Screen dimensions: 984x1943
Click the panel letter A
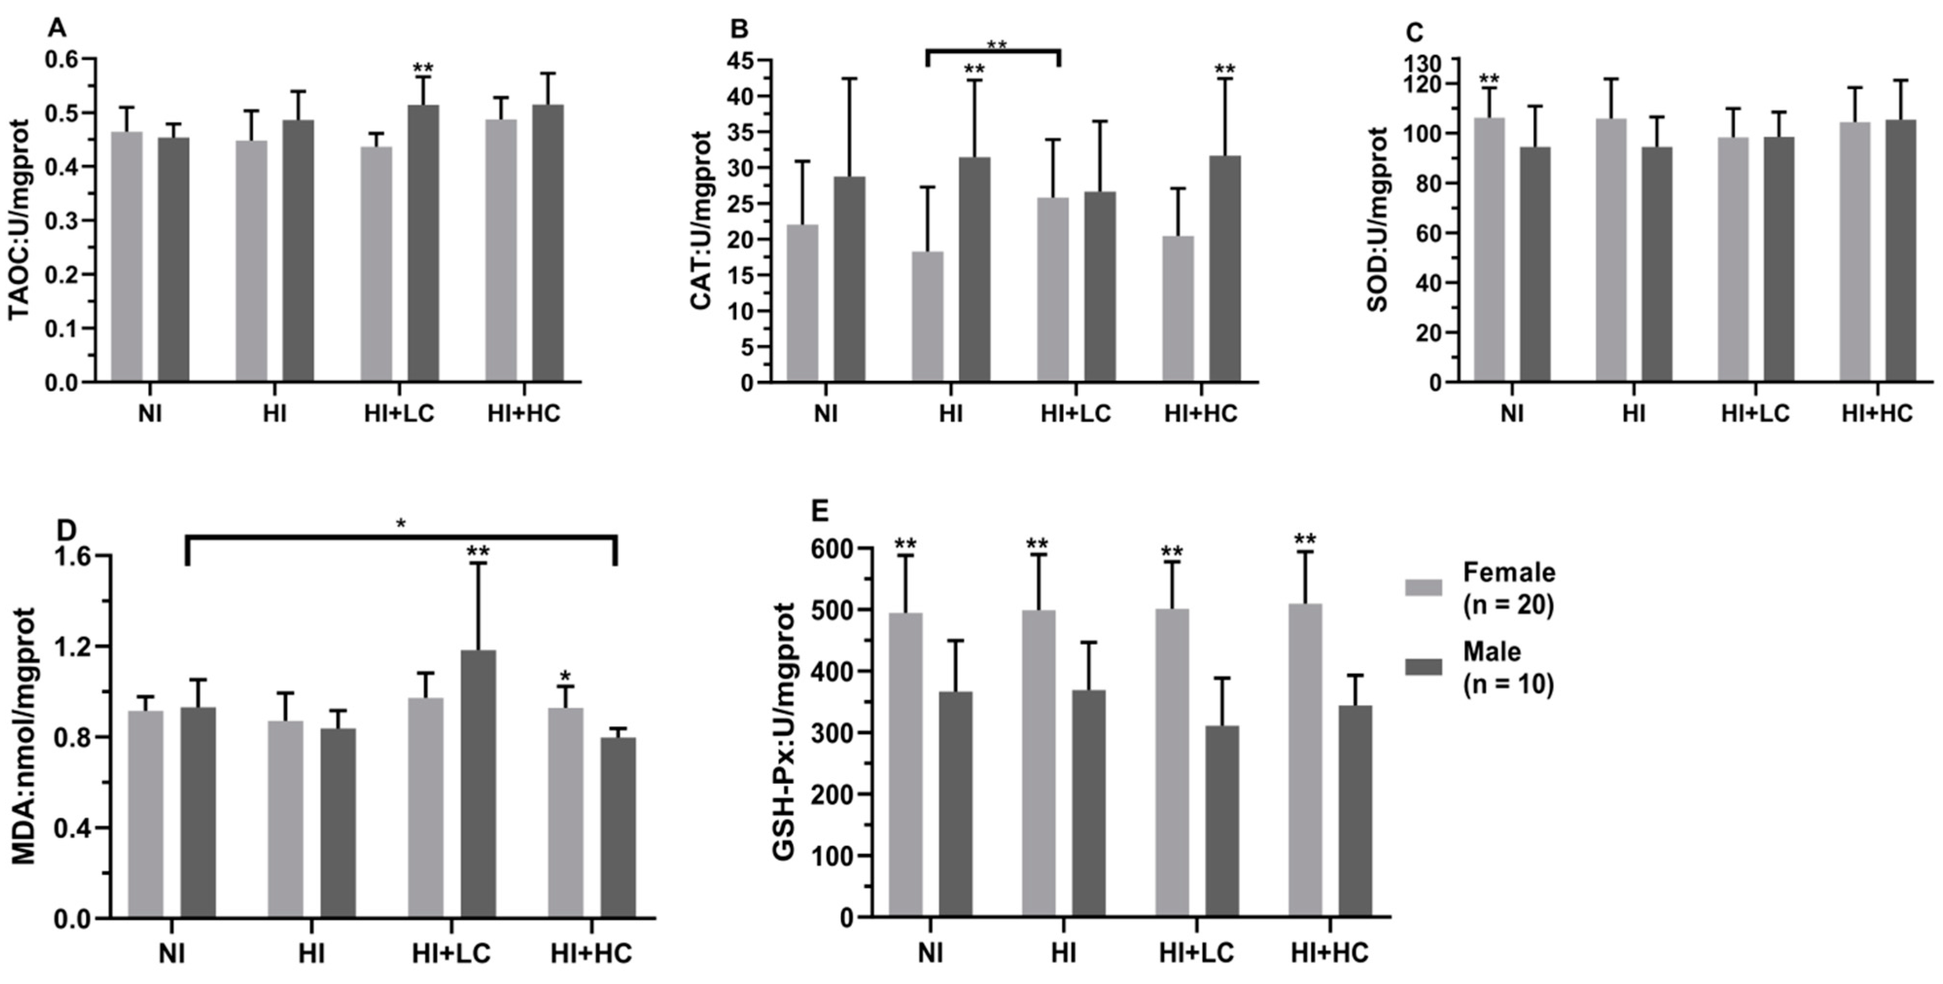[x=56, y=29]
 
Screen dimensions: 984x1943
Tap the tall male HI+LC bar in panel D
[x=478, y=784]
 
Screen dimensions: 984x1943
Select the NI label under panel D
[x=172, y=952]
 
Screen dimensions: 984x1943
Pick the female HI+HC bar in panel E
[x=1305, y=760]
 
